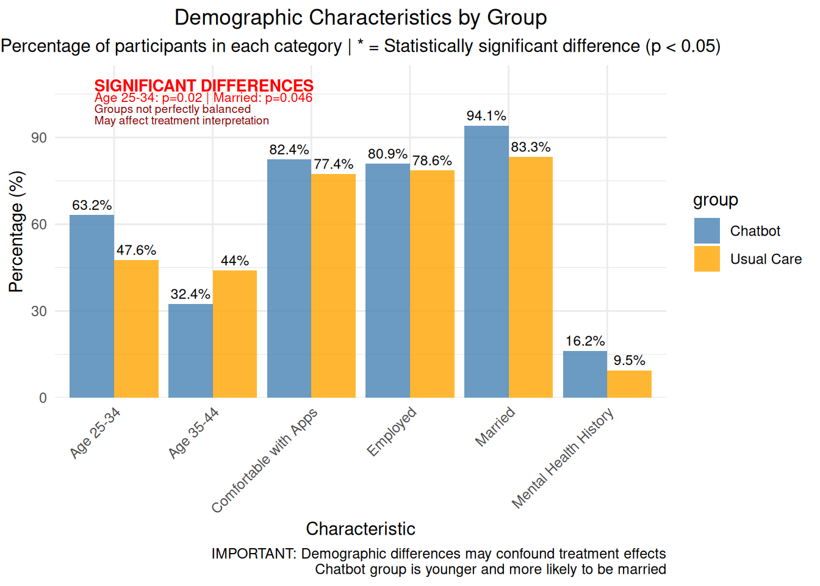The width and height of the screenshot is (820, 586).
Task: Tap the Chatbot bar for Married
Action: (x=486, y=262)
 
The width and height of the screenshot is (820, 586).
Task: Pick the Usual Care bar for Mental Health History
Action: (x=629, y=384)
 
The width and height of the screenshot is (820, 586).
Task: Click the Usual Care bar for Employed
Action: (x=432, y=284)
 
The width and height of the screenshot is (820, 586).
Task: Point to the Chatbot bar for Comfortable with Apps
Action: (x=289, y=278)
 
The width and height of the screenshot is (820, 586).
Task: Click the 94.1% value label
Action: (x=486, y=116)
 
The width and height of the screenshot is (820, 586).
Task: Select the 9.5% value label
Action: (x=629, y=360)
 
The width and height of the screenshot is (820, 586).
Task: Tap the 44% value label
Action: (x=235, y=261)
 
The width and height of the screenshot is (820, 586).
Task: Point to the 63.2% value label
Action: (x=92, y=205)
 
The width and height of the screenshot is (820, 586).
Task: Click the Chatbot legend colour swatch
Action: (x=707, y=231)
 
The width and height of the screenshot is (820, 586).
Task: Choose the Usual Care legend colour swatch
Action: (x=707, y=259)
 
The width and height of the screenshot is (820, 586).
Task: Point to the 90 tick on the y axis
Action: (x=39, y=138)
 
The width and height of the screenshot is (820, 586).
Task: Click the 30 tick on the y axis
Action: (x=39, y=311)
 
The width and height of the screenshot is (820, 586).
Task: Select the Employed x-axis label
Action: (x=392, y=431)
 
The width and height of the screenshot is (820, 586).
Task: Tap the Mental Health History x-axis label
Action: (x=563, y=458)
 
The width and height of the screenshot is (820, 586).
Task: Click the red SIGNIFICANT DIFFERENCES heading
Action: (x=204, y=85)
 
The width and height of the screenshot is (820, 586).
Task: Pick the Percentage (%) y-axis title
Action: (x=16, y=231)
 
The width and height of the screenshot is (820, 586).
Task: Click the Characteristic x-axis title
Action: (x=361, y=529)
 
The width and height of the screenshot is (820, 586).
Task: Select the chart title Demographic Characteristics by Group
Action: (x=361, y=18)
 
